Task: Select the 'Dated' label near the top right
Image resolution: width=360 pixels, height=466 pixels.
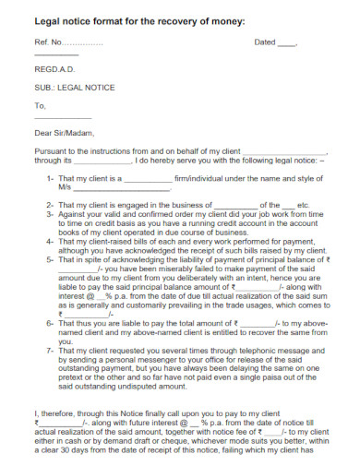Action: [x=265, y=42]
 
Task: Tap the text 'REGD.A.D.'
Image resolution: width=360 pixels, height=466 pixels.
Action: [x=54, y=70]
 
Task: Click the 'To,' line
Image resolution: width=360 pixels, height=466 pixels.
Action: [x=40, y=105]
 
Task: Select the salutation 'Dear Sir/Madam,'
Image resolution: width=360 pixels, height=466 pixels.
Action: [x=64, y=132]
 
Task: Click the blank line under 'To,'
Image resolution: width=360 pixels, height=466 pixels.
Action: [x=62, y=117]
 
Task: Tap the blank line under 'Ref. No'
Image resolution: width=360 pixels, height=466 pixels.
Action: [x=55, y=55]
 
